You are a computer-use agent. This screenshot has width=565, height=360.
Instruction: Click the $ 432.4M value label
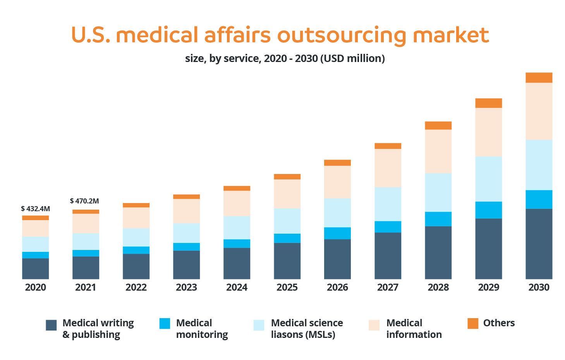coord(35,209)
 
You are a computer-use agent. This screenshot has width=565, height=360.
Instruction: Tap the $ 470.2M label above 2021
coord(84,201)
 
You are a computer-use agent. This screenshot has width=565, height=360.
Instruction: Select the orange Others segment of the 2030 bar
coord(539,78)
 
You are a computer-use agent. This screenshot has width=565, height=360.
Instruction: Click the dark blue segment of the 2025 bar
coord(287,261)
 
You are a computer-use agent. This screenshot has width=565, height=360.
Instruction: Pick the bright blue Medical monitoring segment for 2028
coord(438,219)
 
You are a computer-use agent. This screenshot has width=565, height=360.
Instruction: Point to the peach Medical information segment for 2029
coord(488,132)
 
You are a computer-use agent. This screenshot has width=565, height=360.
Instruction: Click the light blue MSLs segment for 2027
coord(388,204)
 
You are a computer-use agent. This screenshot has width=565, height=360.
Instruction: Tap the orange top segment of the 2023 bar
coord(186,196)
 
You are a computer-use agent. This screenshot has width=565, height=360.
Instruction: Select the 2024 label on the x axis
coord(237,288)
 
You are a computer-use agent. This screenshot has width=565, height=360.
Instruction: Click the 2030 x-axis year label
coord(539,288)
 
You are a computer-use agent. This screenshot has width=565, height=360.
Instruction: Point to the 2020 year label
coord(35,288)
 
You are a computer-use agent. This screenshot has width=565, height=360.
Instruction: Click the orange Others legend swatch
coord(473,323)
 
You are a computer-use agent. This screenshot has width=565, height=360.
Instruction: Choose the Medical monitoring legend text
coord(202,329)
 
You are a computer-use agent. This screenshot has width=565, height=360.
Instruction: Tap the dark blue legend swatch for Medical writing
coord(51,325)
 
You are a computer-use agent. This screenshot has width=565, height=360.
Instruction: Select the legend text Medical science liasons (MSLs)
coord(307,329)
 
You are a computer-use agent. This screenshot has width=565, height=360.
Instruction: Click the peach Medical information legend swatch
coord(374,325)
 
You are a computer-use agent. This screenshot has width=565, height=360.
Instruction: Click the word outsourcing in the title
coord(342,36)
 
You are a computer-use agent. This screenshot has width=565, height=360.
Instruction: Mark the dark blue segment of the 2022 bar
coord(136,266)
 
